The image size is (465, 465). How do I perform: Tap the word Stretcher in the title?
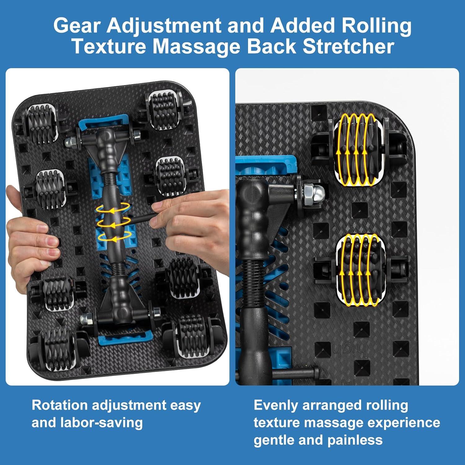coord(348,46)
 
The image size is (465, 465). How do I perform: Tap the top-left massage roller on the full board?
coord(42,123)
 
